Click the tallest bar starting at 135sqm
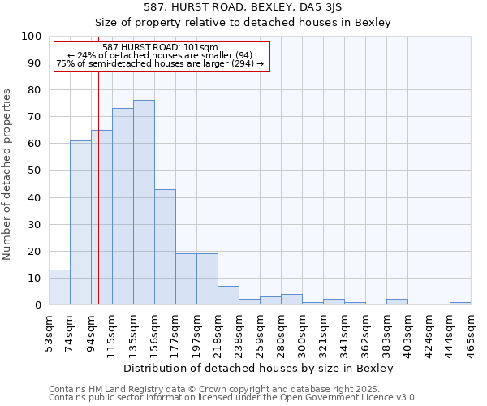(x=144, y=202)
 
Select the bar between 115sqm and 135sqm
(x=123, y=206)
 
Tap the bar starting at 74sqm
(x=80, y=222)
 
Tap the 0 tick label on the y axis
(x=37, y=304)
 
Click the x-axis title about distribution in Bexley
(x=260, y=368)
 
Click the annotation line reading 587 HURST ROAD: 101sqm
(x=160, y=47)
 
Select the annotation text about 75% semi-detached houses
(x=160, y=63)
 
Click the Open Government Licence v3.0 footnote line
(x=233, y=397)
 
